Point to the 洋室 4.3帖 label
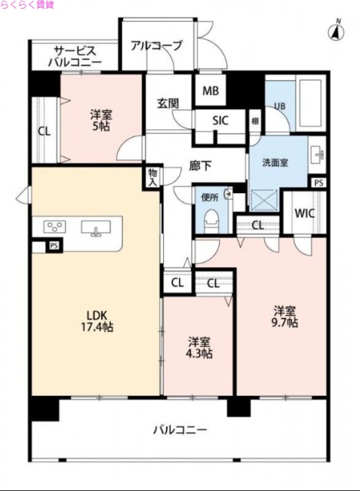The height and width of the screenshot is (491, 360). point(200,347)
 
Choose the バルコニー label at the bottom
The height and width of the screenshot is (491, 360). point(180,430)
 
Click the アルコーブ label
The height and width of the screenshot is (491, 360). point(156,45)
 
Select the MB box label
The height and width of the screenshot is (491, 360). point(210,91)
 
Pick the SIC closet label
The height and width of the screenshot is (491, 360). point(220,121)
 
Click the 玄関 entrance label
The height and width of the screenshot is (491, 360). point(167,103)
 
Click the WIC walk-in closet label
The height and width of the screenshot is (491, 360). point(305,214)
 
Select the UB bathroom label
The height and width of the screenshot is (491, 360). point(279,106)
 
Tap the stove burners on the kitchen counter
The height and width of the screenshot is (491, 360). point(55,227)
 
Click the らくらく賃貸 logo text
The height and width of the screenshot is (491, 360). point(28,5)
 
